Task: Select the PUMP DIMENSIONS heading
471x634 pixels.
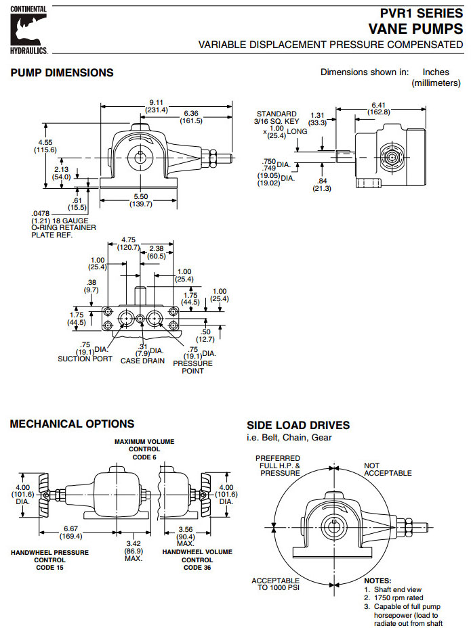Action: click(62, 72)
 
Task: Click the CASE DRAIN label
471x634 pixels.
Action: click(142, 361)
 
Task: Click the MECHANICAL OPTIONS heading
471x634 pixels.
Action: click(72, 424)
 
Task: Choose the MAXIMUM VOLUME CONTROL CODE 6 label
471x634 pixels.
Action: click(144, 449)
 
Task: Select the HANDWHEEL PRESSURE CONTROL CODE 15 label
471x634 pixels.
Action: click(49, 560)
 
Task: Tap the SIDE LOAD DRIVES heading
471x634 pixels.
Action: click(298, 425)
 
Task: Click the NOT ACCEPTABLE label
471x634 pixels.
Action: click(388, 469)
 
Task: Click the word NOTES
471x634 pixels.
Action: click(377, 581)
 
